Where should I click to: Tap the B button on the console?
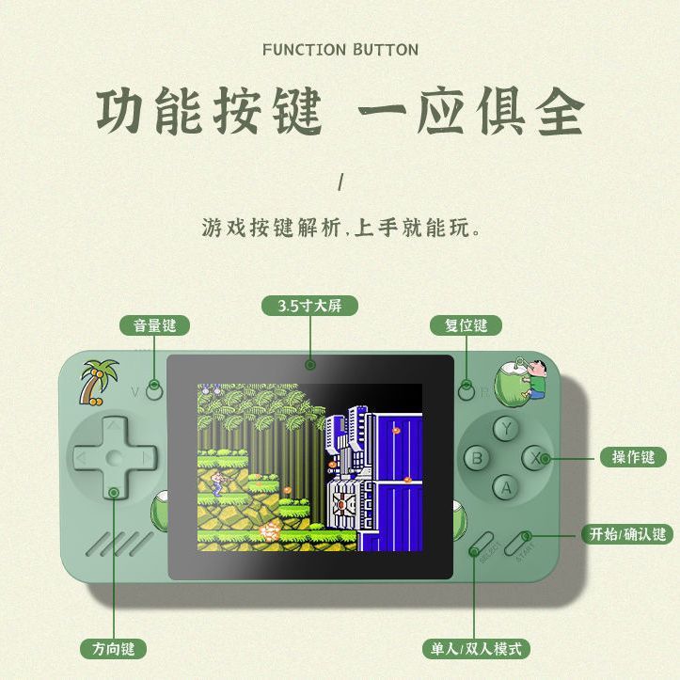point(479,458)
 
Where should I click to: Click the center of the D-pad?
point(114,457)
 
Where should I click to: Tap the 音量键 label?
point(154,325)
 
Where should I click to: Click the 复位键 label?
point(466,325)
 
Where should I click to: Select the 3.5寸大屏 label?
point(310,307)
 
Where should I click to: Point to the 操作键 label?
point(632,457)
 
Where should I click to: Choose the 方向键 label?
point(114,648)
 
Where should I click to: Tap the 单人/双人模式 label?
point(474,648)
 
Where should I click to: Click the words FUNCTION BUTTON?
point(340,49)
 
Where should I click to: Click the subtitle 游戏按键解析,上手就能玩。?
point(340,228)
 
